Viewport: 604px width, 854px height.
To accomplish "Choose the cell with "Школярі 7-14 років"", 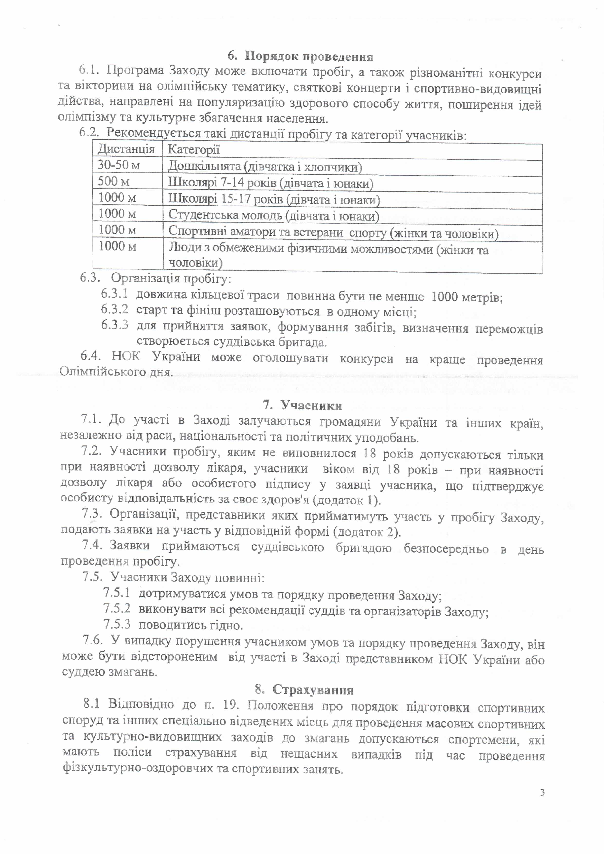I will (x=271, y=183).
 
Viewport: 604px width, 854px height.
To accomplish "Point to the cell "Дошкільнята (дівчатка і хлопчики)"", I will (x=265, y=166).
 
